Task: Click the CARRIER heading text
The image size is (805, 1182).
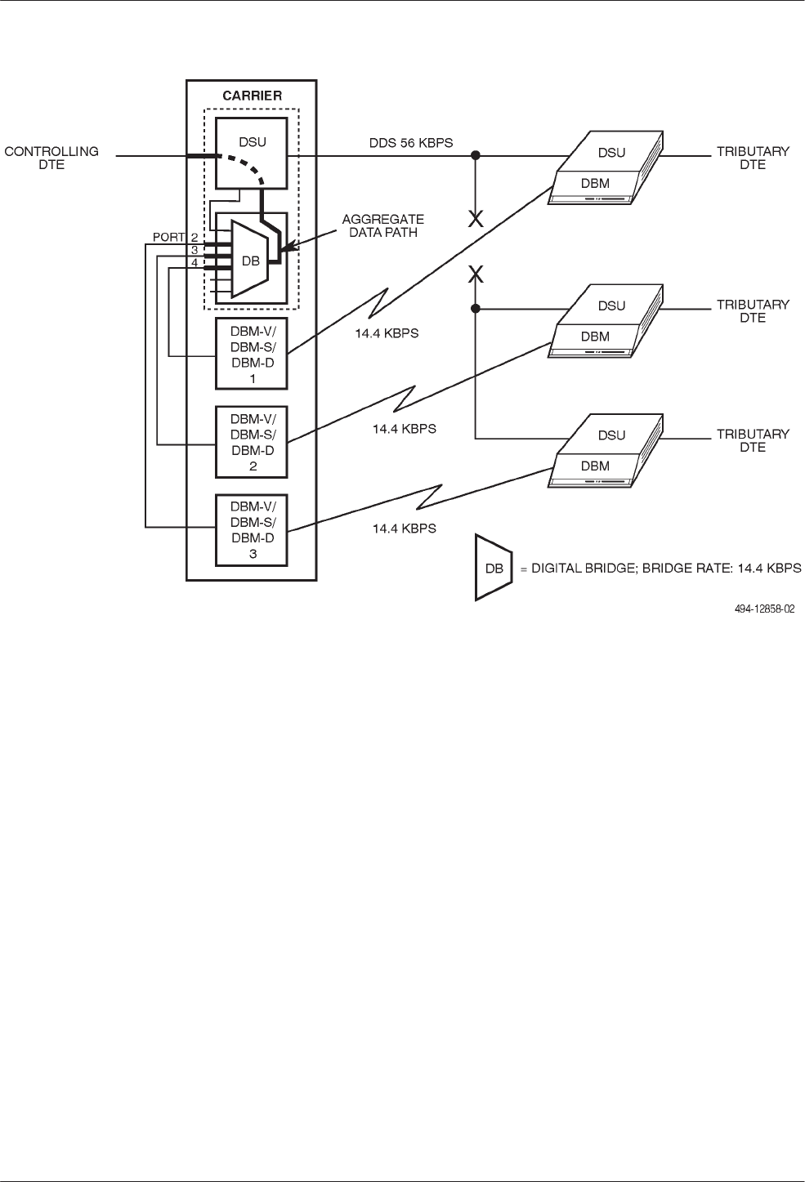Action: click(x=252, y=96)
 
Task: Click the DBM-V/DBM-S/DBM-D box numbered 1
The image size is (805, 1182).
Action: click(x=252, y=354)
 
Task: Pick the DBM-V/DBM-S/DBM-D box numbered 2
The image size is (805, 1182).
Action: click(x=252, y=442)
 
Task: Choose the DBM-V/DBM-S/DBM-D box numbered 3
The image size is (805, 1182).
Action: click(x=252, y=530)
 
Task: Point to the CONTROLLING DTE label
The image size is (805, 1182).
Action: click(x=51, y=158)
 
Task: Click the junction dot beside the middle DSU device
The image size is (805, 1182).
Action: click(x=475, y=309)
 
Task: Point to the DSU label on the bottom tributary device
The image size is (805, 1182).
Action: click(x=611, y=435)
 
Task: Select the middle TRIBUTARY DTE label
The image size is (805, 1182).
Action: click(x=753, y=310)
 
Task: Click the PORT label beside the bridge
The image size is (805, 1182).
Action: click(x=169, y=238)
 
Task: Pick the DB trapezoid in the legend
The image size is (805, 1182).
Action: click(x=493, y=569)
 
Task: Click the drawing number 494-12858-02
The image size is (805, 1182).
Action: click(x=758, y=608)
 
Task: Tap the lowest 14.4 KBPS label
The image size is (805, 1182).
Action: click(x=404, y=529)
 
